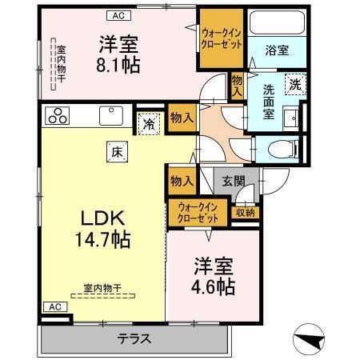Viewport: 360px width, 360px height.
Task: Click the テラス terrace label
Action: click(x=135, y=337)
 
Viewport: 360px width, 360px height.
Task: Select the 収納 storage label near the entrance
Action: click(x=245, y=212)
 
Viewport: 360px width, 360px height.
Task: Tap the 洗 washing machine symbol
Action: click(x=296, y=84)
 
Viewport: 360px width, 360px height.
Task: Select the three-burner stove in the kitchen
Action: click(x=58, y=115)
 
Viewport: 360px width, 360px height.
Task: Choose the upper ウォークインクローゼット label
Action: click(x=222, y=38)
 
